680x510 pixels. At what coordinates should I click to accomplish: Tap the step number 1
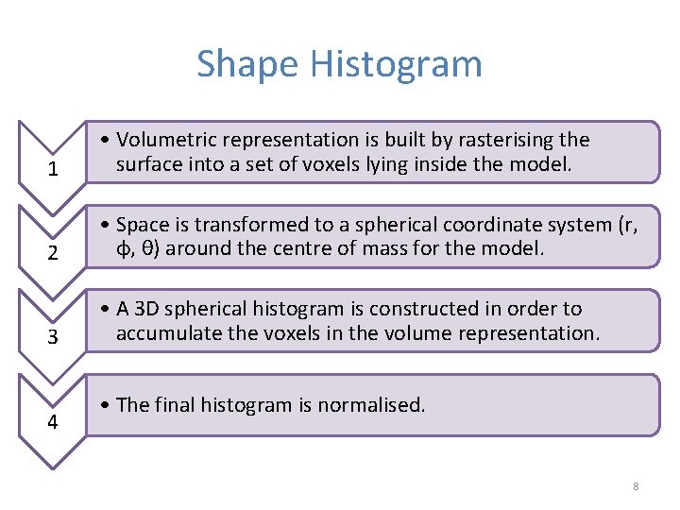[53, 170]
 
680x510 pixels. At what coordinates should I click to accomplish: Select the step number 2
[53, 253]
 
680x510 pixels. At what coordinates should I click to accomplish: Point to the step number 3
[53, 337]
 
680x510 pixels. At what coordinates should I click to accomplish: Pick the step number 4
[53, 421]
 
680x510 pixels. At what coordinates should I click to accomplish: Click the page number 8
[636, 486]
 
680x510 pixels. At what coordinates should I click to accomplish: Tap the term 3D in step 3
[145, 309]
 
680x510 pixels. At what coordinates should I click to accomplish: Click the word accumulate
[163, 333]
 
